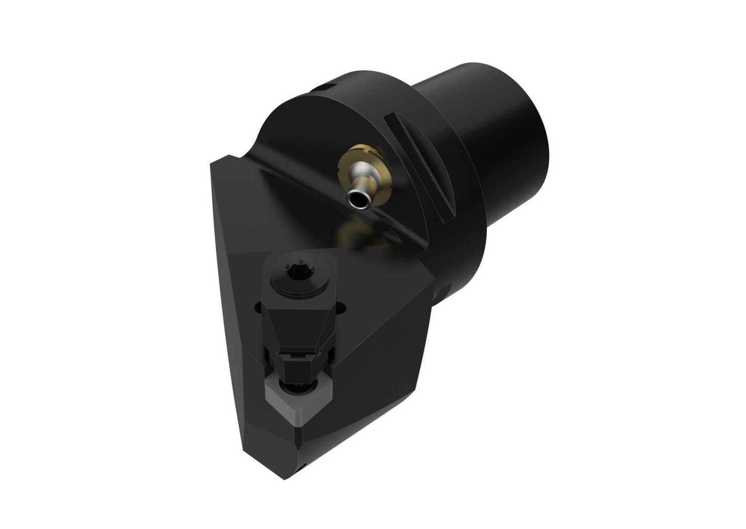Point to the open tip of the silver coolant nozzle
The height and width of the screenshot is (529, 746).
click(x=355, y=199)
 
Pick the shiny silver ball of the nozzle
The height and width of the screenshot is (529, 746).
click(x=358, y=171)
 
